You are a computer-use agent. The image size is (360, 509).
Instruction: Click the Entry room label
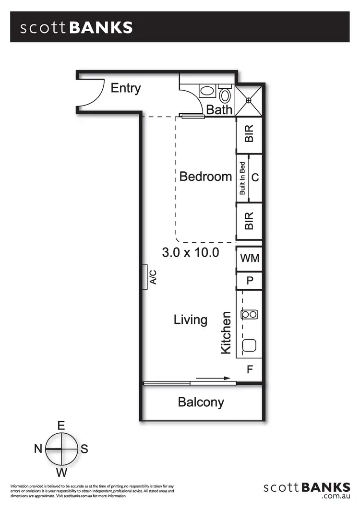126,88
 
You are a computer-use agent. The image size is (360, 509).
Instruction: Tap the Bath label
219,110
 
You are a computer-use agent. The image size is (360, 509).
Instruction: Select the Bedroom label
205,177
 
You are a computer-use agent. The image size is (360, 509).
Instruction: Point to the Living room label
191,320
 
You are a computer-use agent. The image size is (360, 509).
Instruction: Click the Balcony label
201,402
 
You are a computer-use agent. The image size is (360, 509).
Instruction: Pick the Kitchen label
226,333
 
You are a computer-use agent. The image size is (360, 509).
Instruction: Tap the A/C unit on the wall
144,277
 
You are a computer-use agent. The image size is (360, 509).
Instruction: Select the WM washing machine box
249,259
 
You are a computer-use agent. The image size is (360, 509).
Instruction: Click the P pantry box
250,281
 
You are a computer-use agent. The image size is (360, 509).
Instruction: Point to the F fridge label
250,370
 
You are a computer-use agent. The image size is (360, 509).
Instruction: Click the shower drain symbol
249,100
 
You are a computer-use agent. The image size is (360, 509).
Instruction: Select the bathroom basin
207,91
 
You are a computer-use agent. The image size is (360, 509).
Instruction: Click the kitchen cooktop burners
250,315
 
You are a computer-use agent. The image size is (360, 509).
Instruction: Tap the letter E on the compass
61,426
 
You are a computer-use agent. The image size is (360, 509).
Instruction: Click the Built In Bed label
242,178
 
